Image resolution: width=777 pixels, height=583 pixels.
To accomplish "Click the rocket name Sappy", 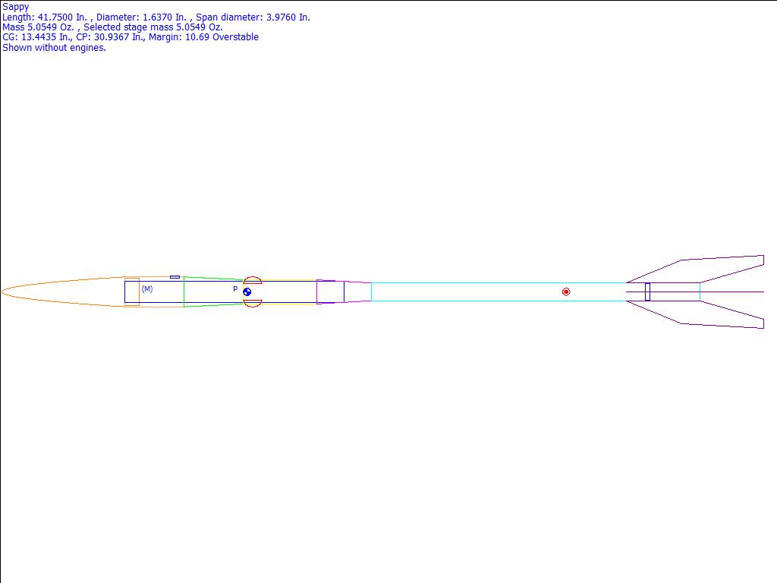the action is pyautogui.click(x=16, y=7).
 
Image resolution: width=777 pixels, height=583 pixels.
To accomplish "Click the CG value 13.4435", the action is pyautogui.click(x=39, y=37).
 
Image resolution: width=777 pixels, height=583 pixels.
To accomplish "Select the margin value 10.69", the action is pyautogui.click(x=197, y=37).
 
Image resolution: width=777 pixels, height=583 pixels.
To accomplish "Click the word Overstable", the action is pyautogui.click(x=235, y=37).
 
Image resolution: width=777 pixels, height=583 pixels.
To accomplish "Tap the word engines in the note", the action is pyautogui.click(x=90, y=48).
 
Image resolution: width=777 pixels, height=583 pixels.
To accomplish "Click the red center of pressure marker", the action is pyautogui.click(x=566, y=292).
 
